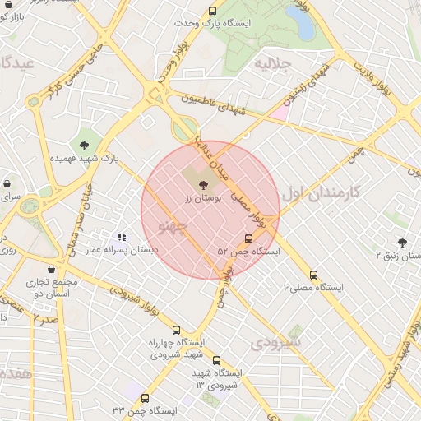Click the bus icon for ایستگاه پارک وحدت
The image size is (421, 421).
coord(213,12)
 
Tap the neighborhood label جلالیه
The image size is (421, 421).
coord(274,64)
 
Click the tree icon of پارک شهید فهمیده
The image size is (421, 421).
coord(84,146)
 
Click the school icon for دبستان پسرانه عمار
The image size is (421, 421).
coord(122,237)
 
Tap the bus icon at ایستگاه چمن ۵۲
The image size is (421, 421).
coord(249,239)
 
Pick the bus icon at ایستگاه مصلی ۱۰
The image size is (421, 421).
coord(313,275)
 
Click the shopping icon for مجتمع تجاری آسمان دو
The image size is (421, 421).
coord(53,269)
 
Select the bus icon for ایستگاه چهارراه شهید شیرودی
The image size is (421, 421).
coord(176,331)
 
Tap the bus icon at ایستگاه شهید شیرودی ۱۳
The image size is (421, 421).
coord(216,360)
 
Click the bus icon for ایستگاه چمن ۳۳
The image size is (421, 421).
coord(146,399)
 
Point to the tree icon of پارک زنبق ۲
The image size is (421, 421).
coord(401,243)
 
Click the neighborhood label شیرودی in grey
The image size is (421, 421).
coord(277,341)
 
